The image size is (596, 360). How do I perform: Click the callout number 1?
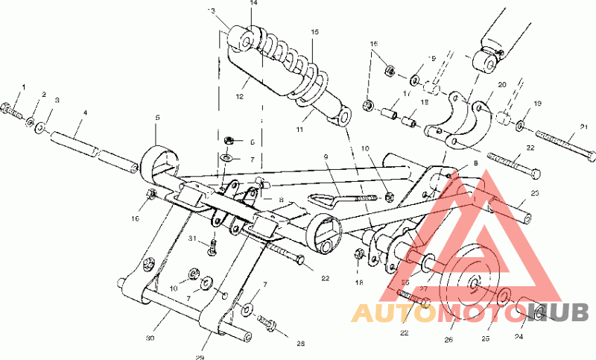(22, 88)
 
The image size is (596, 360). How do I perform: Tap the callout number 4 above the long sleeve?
(85, 113)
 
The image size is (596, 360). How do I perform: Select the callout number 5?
(157, 118)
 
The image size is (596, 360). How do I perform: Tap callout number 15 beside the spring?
(314, 33)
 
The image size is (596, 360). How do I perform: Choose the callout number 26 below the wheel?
(448, 340)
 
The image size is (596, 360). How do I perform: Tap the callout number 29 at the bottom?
(200, 357)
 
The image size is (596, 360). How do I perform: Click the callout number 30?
(150, 338)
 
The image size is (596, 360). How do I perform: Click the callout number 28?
(301, 344)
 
